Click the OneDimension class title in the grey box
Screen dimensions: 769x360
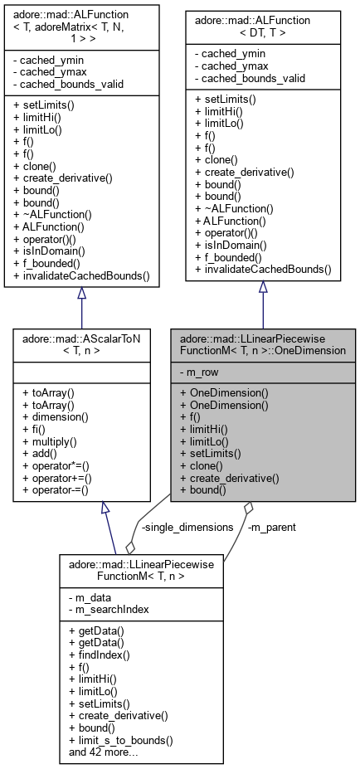pyautogui.click(x=263, y=344)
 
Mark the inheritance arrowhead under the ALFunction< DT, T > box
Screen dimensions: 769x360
pyautogui.click(x=263, y=287)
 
